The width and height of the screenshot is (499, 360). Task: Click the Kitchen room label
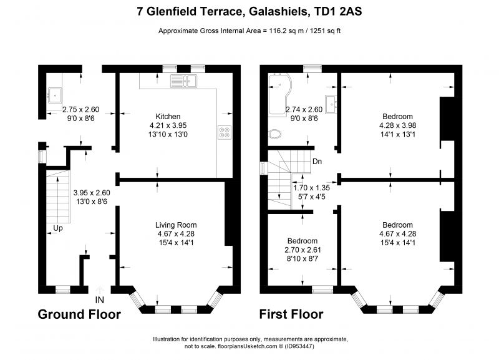click(168, 117)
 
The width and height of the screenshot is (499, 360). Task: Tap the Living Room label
click(176, 225)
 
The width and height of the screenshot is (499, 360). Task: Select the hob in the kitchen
click(223, 132)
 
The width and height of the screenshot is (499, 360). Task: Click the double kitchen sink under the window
click(186, 80)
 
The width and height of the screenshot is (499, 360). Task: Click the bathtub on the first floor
click(283, 94)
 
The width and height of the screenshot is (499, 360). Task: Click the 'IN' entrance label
click(100, 300)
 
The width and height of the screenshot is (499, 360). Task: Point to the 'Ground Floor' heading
click(79, 314)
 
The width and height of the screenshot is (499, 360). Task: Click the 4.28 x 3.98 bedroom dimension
click(397, 125)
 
